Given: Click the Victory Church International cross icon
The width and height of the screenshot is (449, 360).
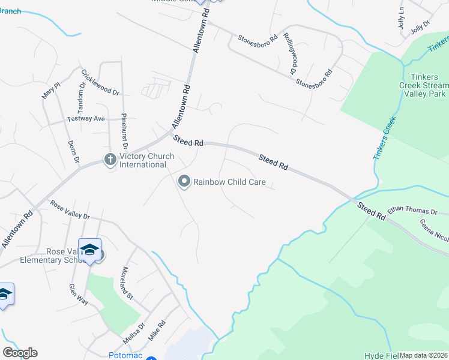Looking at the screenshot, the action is (110, 160).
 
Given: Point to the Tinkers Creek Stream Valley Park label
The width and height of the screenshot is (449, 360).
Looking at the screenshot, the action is (426, 85).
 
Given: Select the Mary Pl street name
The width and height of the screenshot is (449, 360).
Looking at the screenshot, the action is (51, 91).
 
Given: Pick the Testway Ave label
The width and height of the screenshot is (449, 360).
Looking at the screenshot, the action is (86, 119).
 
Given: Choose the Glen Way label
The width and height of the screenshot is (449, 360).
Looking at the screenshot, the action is (78, 295).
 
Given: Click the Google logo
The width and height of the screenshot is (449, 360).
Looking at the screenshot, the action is (20, 353).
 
